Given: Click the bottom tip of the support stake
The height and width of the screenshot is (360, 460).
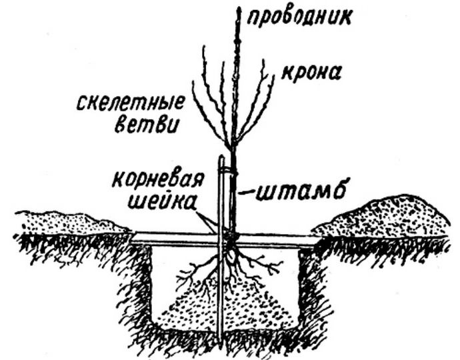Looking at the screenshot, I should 221,342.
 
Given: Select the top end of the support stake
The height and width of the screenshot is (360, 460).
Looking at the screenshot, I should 220,159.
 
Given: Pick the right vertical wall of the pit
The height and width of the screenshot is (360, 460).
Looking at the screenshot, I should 301,287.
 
